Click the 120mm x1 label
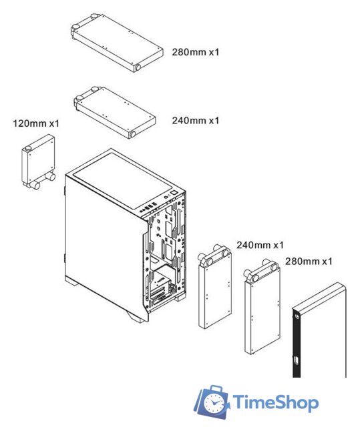click(x=36, y=123)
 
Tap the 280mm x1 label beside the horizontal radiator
click(x=196, y=51)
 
